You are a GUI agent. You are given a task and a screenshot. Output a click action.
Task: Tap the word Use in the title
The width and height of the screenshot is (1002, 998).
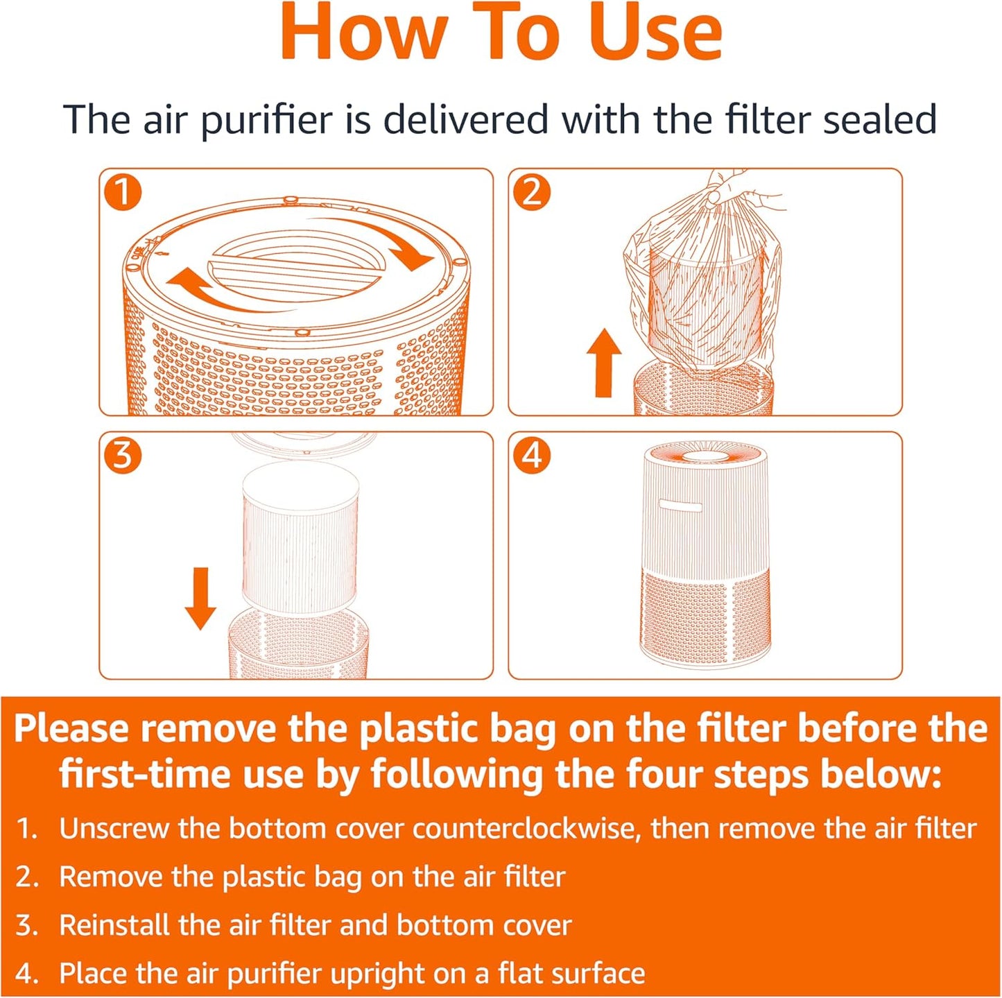pyautogui.click(x=655, y=33)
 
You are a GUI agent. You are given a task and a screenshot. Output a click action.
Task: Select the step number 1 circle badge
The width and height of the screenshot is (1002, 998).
pyautogui.click(x=123, y=192)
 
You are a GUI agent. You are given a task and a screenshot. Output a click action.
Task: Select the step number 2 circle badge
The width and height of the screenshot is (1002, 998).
pyautogui.click(x=532, y=192)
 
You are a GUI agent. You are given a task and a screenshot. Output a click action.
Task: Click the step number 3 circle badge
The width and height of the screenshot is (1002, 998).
pyautogui.click(x=123, y=456)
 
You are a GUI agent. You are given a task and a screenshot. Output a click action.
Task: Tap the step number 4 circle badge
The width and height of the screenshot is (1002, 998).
pyautogui.click(x=532, y=456)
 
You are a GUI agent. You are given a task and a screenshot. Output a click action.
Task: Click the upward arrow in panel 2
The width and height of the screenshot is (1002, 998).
pyautogui.click(x=604, y=363)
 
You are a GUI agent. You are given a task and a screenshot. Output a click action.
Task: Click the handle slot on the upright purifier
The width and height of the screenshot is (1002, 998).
pyautogui.click(x=680, y=506)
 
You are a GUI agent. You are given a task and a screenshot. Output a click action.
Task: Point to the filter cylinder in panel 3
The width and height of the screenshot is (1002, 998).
pyautogui.click(x=300, y=537)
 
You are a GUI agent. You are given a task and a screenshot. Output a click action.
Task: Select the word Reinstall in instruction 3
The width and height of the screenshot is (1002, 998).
pyautogui.click(x=114, y=925)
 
